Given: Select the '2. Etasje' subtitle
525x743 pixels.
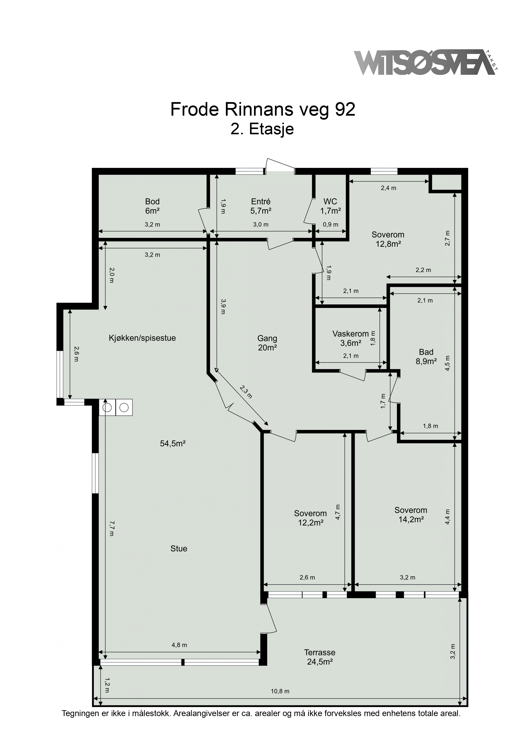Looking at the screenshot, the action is pos(262,129).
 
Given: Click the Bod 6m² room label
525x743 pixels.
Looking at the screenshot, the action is pos(152,206).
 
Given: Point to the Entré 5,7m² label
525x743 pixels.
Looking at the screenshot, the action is pos(261,206).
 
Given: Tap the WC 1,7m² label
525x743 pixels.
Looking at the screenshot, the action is pos(330,206).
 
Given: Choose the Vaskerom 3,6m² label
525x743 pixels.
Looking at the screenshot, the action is pos(351,338).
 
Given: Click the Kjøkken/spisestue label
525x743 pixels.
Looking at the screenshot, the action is pos(142,338).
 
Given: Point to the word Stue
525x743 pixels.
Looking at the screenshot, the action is pos(179,549).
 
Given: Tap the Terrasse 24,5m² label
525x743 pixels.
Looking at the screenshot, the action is pos(320,657).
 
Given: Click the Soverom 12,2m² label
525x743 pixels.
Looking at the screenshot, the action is pos(311,518).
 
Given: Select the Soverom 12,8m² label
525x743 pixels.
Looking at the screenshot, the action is pos(388,239).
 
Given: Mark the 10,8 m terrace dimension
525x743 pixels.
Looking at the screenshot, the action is pos(280,691).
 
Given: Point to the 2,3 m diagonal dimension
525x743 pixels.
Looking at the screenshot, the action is pos(246,392).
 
